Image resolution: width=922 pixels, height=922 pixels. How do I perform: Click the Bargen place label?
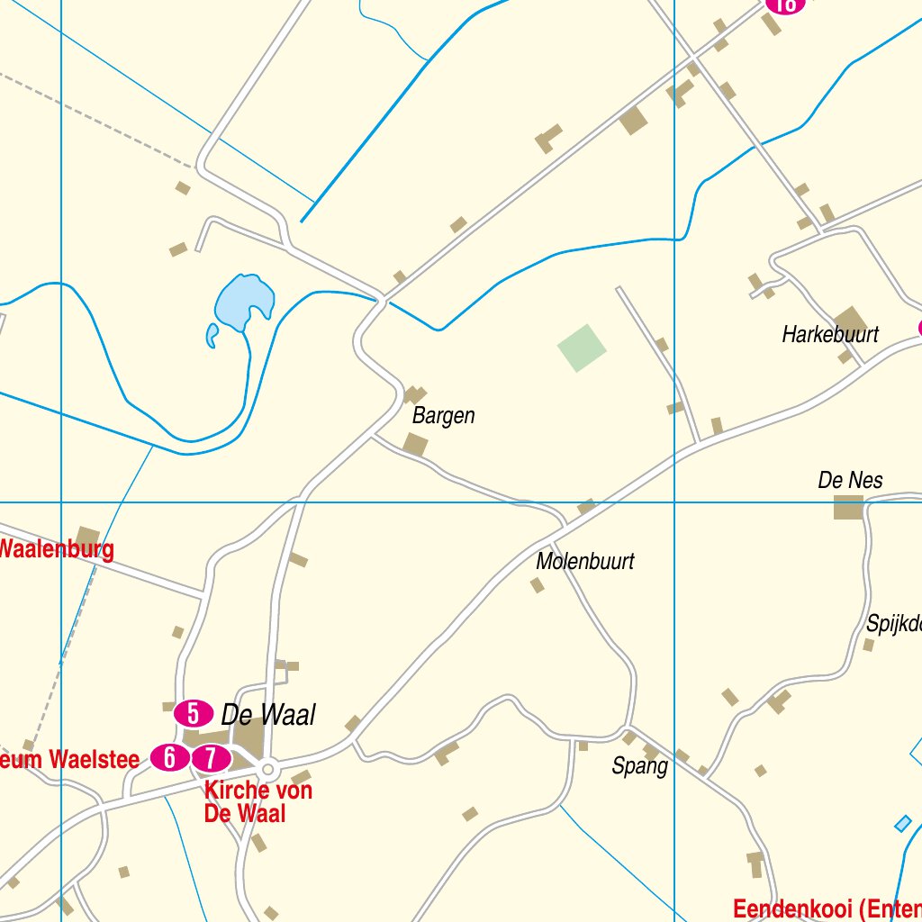tap(443, 416)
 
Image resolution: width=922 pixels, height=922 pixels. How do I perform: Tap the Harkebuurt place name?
tap(829, 335)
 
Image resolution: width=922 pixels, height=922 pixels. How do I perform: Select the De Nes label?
tap(850, 480)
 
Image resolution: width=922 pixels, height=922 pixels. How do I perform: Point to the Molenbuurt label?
tap(585, 562)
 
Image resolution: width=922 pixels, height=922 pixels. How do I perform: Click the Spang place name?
tap(639, 766)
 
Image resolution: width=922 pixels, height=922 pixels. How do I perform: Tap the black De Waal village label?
tap(268, 715)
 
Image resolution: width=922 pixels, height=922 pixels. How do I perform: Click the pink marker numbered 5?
tap(193, 713)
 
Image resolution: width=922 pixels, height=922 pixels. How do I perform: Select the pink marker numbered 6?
tap(169, 758)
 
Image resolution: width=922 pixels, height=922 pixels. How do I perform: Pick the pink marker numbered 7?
tap(211, 759)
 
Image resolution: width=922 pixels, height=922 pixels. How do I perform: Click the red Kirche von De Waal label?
tap(258, 801)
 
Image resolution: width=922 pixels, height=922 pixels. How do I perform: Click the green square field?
tap(582, 348)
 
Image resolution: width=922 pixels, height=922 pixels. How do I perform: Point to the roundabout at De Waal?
tap(267, 770)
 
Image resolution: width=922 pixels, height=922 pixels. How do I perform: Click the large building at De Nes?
tap(847, 508)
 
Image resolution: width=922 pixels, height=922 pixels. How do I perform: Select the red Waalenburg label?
tap(56, 549)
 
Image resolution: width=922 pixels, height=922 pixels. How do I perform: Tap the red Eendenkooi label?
tap(827, 908)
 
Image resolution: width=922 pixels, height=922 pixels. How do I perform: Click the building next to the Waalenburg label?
tap(87, 538)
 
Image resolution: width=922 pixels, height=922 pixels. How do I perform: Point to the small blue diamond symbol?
tap(902, 823)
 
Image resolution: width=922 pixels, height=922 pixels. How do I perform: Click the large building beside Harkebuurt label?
tap(850, 321)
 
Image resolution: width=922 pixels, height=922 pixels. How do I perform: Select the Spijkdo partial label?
tap(893, 623)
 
